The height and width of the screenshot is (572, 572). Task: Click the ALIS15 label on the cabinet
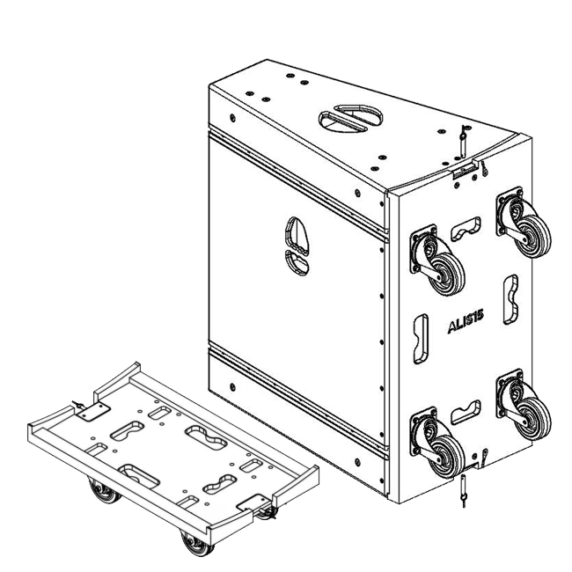click(466, 321)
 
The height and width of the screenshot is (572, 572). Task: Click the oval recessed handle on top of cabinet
click(350, 118)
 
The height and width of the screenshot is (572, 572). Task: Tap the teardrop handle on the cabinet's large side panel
click(297, 246)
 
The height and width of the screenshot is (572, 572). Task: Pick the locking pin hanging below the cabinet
click(463, 491)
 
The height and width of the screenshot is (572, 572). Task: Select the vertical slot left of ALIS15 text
click(421, 339)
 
